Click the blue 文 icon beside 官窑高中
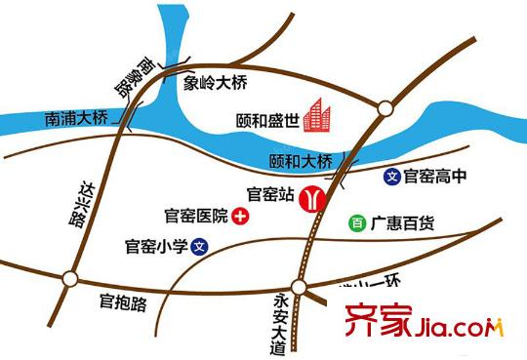click(392, 178)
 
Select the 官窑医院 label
click(195, 215)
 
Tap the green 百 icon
click(357, 223)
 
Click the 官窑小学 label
click(156, 247)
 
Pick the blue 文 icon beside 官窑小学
click(199, 247)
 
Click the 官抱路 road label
click(123, 303)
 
